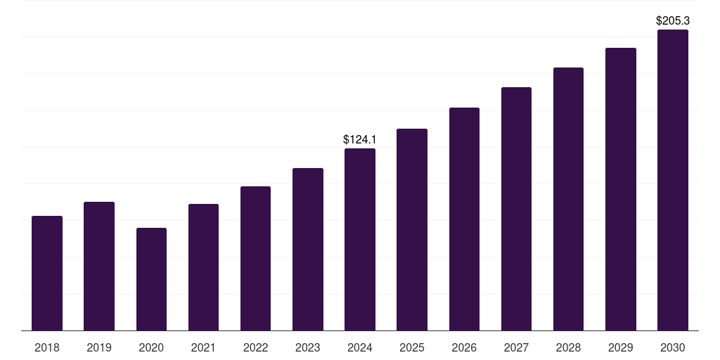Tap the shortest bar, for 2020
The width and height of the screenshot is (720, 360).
pyautogui.click(x=151, y=279)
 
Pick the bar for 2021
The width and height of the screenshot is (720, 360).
pyautogui.click(x=203, y=267)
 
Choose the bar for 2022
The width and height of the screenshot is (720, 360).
pyautogui.click(x=255, y=258)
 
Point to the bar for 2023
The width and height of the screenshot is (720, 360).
pyautogui.click(x=308, y=249)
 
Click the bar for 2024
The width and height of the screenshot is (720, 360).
pyautogui.click(x=360, y=239)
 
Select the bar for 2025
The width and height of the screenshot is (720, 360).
pyautogui.click(x=412, y=229)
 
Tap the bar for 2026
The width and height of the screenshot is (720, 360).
pyautogui.click(x=464, y=219)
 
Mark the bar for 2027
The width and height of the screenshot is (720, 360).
pyautogui.click(x=516, y=209)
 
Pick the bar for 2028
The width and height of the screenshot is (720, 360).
pyautogui.click(x=568, y=199)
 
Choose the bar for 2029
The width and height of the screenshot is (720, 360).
pyautogui.click(x=621, y=189)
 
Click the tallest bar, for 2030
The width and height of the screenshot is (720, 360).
pyautogui.click(x=673, y=180)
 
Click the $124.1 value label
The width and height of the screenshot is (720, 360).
pyautogui.click(x=360, y=139)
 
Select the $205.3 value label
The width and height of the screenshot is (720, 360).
pyautogui.click(x=673, y=21)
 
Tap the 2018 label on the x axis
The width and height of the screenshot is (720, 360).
pyautogui.click(x=47, y=347)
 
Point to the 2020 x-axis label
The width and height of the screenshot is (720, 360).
pyautogui.click(x=151, y=347)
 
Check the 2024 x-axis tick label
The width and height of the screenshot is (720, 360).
pyautogui.click(x=360, y=347)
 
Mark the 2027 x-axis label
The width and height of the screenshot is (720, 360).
pyautogui.click(x=516, y=347)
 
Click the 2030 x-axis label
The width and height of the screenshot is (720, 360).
pyautogui.click(x=673, y=347)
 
